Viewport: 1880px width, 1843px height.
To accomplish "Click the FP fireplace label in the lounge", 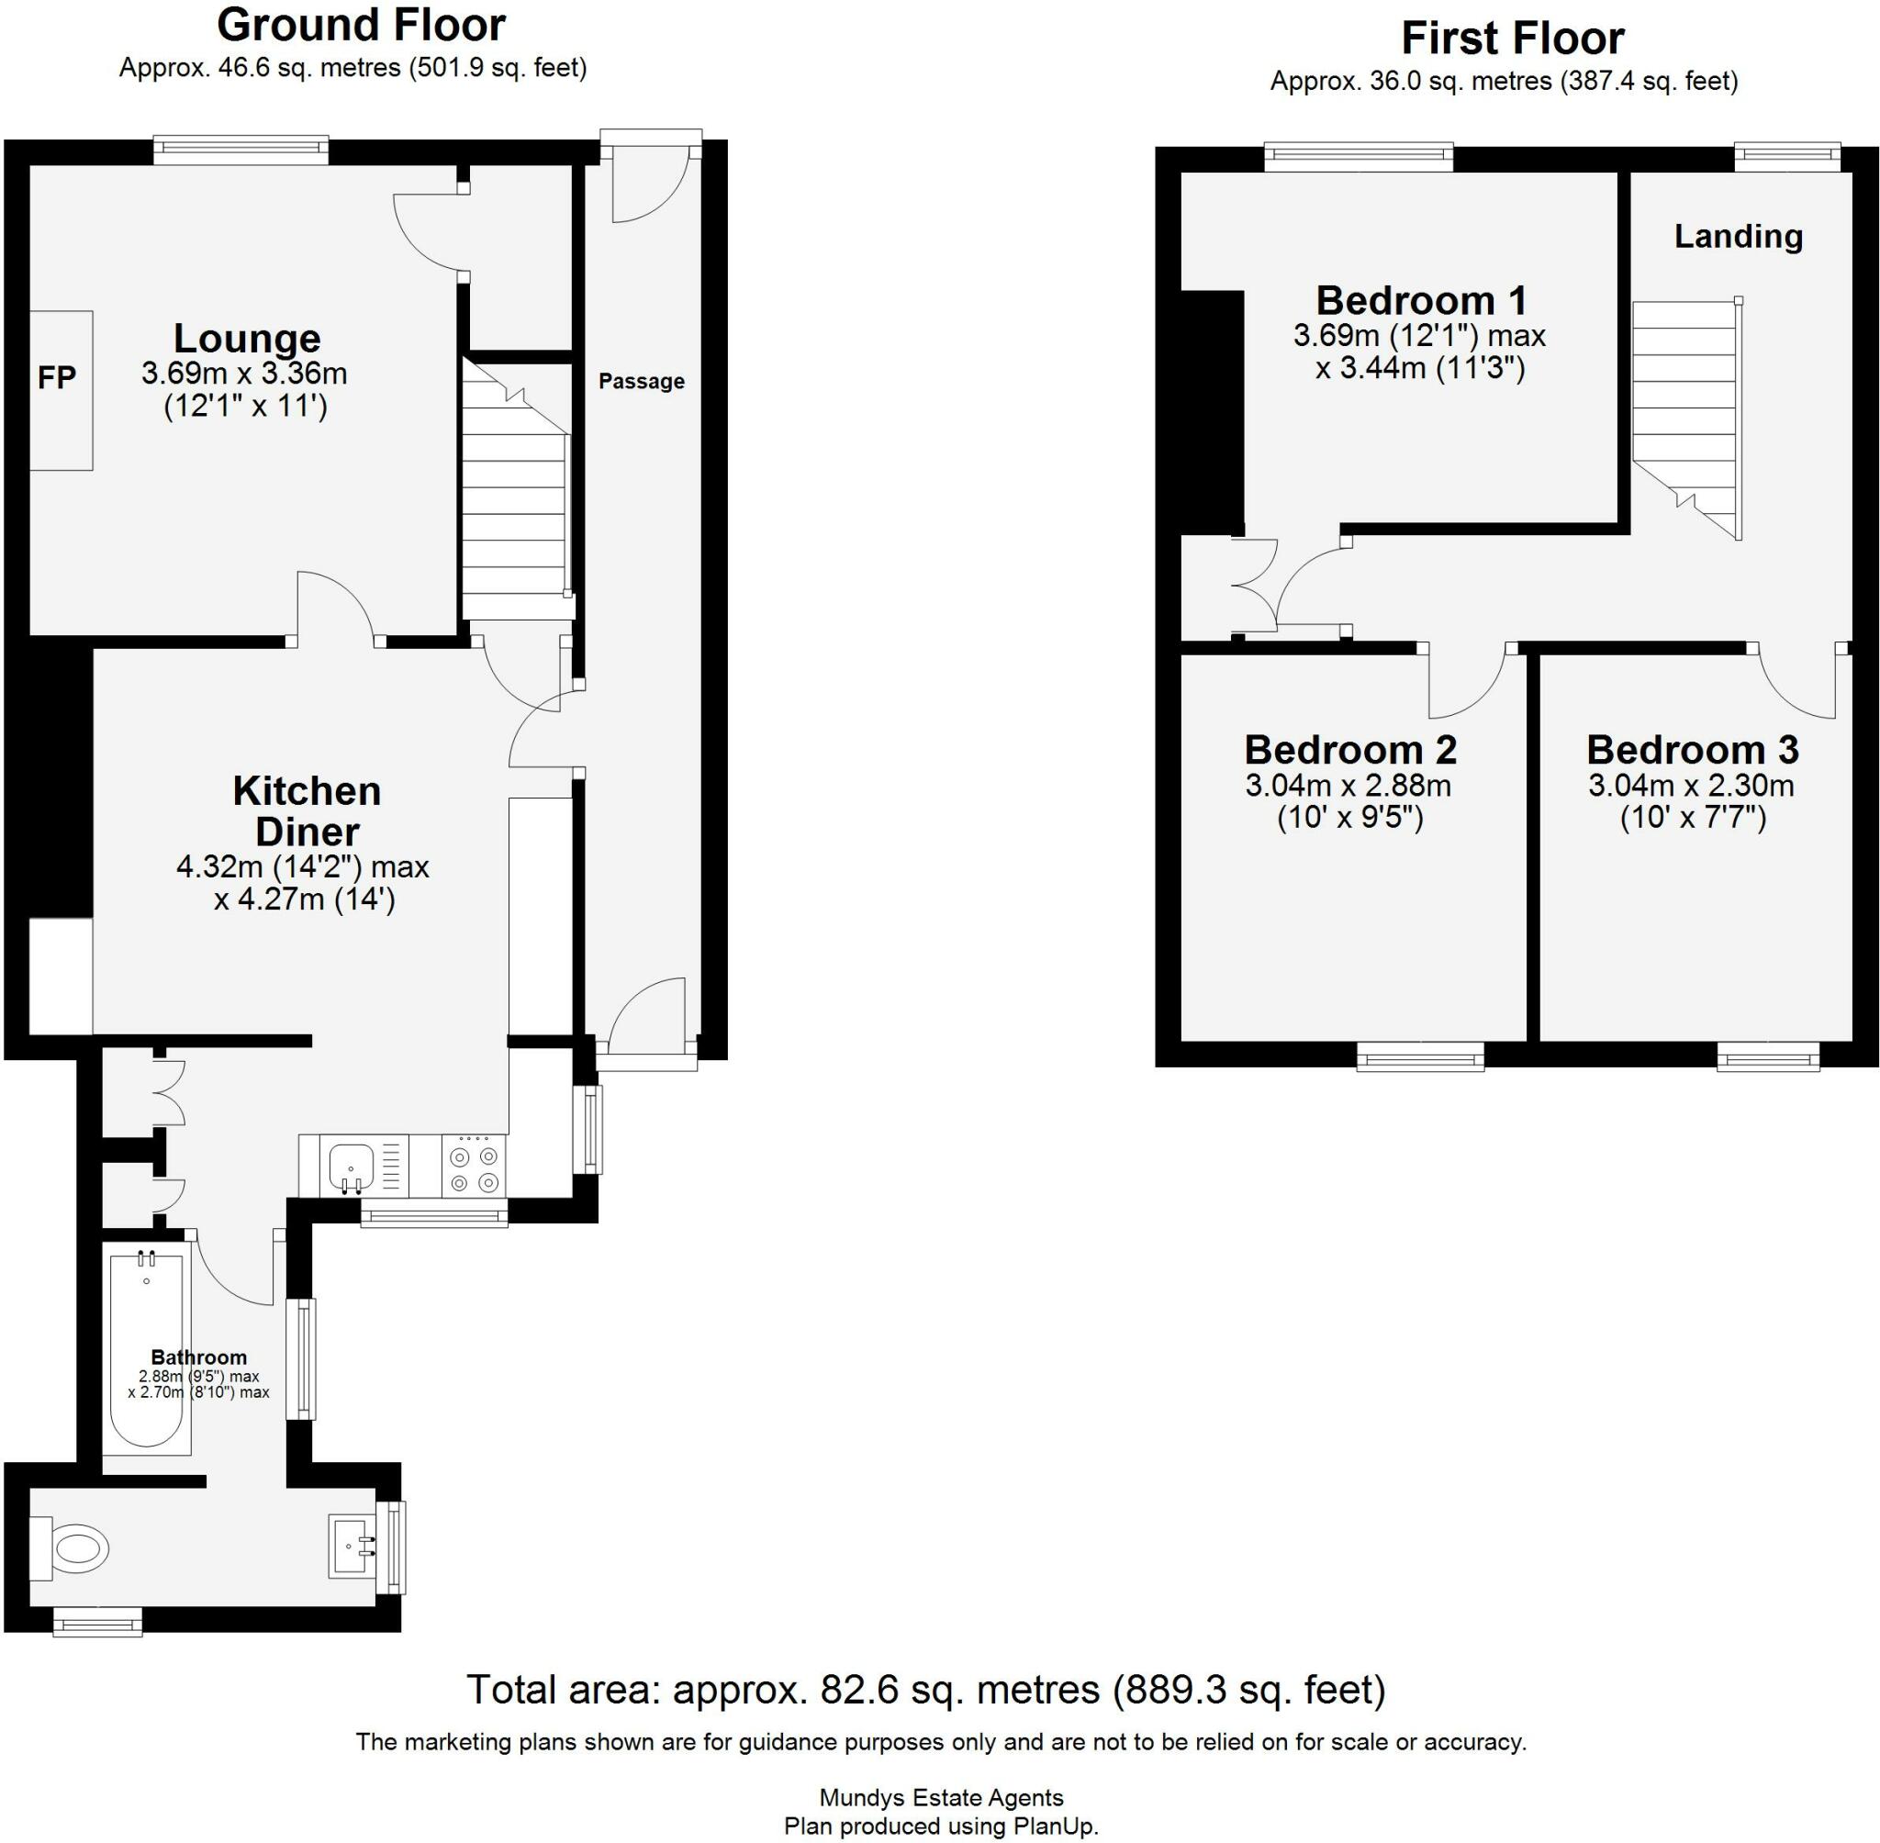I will click(x=56, y=377).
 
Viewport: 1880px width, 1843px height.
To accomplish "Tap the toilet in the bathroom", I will click(x=75, y=1549).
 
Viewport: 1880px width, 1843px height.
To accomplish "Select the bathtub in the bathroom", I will click(x=146, y=1349).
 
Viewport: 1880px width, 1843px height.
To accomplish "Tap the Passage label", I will click(x=641, y=382).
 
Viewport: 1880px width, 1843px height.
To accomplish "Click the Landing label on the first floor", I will click(x=1738, y=236).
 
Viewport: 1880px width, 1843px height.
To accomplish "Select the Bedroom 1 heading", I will click(x=1420, y=300).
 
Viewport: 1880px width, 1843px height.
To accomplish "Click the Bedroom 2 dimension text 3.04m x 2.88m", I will click(x=1348, y=785).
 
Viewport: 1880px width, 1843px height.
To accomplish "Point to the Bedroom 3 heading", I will click(x=1691, y=749).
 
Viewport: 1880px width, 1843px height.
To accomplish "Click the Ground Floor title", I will click(x=361, y=26).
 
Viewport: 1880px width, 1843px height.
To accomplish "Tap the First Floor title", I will click(x=1512, y=39).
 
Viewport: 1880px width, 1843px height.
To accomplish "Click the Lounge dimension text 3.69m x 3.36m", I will click(x=244, y=374).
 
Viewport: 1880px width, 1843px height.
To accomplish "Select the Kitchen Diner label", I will click(x=307, y=811).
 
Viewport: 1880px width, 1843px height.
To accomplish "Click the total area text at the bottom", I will click(x=925, y=1690).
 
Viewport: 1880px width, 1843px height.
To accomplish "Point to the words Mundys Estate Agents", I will click(x=940, y=1797).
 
